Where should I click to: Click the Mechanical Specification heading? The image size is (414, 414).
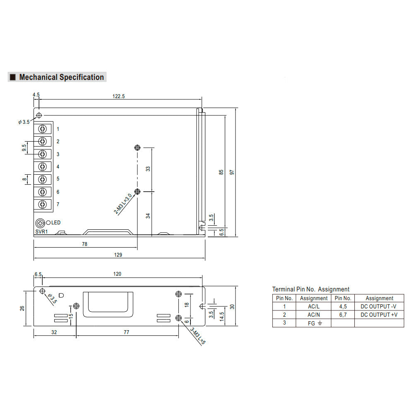click(x=62, y=77)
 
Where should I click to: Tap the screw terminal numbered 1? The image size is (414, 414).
click(x=43, y=129)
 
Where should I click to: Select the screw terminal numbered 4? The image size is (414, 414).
click(x=43, y=166)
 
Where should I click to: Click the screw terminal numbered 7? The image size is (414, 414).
click(x=43, y=205)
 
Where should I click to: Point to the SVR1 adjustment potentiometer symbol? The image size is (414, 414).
click(x=40, y=224)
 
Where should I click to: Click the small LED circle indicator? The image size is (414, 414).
click(x=48, y=223)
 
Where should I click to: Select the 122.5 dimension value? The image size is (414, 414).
click(x=118, y=96)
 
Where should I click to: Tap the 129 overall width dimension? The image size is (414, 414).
click(x=118, y=255)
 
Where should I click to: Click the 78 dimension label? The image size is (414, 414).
click(x=84, y=244)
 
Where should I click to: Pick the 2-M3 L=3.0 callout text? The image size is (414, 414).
click(x=123, y=204)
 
